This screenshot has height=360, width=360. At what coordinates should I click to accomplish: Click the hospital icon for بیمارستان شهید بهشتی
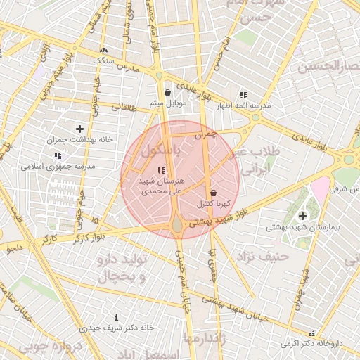(303, 216)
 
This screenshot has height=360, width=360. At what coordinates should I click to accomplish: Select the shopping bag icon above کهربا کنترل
(213, 192)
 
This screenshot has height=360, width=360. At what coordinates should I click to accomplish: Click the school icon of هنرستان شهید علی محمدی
(161, 170)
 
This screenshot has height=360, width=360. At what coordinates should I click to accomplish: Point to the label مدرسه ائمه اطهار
(243, 106)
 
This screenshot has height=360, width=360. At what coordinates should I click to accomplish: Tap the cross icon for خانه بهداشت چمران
(79, 129)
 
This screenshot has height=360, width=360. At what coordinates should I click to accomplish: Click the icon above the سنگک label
(104, 50)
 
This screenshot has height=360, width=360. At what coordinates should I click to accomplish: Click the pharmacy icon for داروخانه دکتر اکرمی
(312, 333)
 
